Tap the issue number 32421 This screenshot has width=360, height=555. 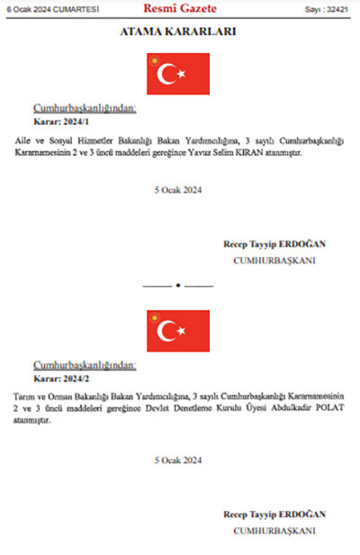[337, 10]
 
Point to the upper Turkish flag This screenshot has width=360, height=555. [178, 75]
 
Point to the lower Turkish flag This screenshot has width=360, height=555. [178, 331]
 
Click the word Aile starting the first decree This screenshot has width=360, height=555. [23, 141]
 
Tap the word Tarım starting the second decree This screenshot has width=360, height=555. [26, 397]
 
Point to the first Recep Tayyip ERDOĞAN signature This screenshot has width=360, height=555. [274, 244]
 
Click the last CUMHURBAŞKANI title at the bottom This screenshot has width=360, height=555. [274, 531]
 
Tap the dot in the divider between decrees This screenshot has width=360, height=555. [178, 285]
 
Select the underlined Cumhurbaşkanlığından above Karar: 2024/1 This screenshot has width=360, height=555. [85, 108]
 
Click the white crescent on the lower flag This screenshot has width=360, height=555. [167, 331]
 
